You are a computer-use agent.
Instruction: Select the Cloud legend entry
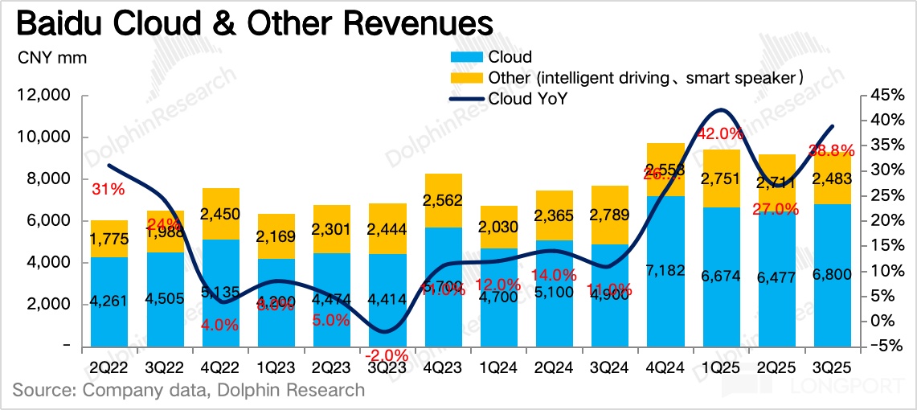[509, 57]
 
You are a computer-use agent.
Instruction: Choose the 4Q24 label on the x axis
[665, 369]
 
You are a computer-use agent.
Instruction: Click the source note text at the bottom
[188, 391]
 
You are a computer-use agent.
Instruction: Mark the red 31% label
[108, 190]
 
